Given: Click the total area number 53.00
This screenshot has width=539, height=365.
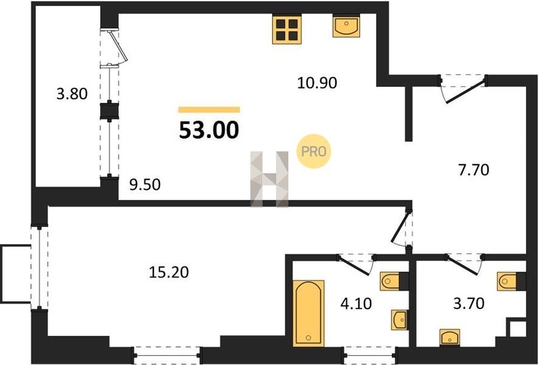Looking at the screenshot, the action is pos(209,131).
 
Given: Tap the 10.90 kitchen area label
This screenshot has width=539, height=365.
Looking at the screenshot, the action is pos(317,83).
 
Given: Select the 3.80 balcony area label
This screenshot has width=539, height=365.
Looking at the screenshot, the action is pos(72,94).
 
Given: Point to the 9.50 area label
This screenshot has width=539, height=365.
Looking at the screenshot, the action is pos(145,185).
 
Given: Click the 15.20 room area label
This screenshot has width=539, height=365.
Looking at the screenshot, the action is pos(169,273).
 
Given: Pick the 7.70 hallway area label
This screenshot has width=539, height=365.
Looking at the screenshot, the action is pos(473,170).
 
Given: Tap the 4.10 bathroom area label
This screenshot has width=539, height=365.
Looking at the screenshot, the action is pos(356,304).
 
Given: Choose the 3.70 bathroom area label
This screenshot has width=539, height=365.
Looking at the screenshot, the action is pos(468,304).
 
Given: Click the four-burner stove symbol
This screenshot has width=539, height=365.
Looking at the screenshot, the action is pos(287,29).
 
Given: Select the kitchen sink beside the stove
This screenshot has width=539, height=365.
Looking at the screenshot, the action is pos(346,26).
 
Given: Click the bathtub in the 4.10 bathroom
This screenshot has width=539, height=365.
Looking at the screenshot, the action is pos(308,313).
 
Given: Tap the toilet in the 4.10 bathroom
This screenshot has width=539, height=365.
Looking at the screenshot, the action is pos(391,281).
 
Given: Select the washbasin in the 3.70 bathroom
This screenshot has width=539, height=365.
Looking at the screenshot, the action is pos(450,337).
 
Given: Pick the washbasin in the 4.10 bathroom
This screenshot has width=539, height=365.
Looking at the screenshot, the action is pos(400,319).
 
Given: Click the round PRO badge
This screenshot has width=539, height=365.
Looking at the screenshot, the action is pos(313,151).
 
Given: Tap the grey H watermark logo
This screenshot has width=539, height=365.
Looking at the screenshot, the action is pos(269,179).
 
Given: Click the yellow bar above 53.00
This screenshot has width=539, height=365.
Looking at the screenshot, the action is pos(209,109).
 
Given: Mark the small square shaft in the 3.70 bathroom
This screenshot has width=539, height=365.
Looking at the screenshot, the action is pos(518,329).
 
